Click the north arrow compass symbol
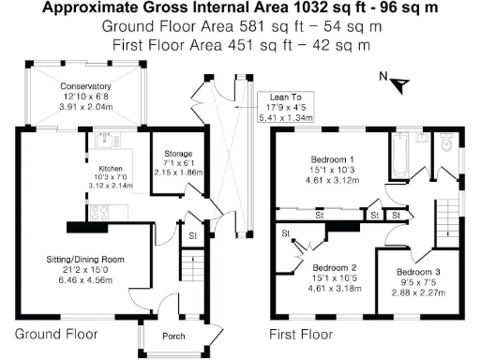[x=399, y=83]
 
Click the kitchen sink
[x=98, y=142]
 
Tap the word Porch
[x=172, y=337]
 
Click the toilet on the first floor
[x=446, y=143]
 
